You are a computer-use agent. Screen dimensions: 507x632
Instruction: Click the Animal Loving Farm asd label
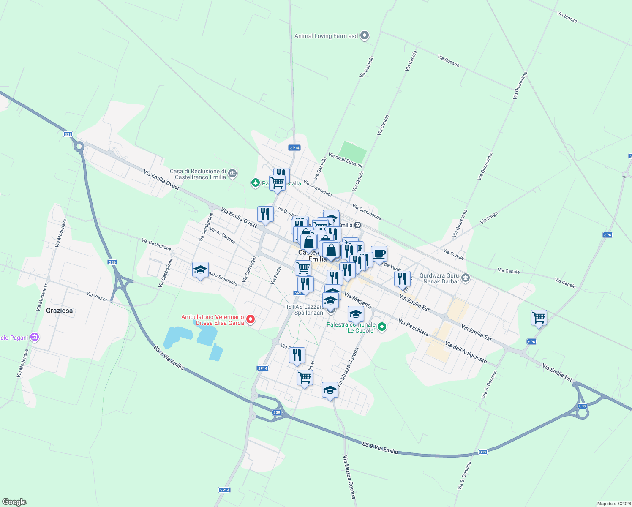[x=326, y=36]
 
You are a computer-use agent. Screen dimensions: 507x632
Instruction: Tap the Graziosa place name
[x=59, y=311]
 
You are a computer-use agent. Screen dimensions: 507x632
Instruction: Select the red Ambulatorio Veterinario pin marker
[x=251, y=319]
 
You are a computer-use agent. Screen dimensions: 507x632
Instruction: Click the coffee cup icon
[x=379, y=254]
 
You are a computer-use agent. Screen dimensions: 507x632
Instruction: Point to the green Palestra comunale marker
[x=382, y=327]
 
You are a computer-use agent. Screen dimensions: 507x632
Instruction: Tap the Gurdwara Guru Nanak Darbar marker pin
[x=466, y=278]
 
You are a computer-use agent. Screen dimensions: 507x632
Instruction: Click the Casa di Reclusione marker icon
[x=232, y=173]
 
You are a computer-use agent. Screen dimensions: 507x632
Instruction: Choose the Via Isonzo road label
[x=567, y=17]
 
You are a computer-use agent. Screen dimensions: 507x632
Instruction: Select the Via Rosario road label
[x=449, y=61]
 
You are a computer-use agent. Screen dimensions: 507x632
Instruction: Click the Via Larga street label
[x=489, y=218]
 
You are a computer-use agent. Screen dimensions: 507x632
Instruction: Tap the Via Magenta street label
[x=358, y=300]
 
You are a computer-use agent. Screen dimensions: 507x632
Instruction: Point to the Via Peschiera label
[x=413, y=327]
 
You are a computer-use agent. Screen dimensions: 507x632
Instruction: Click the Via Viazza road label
[x=97, y=297]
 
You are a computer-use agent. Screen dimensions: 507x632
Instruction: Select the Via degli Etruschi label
[x=346, y=161]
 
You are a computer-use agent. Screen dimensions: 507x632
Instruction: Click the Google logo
[x=14, y=502]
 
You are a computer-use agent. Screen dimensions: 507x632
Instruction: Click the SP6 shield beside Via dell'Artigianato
[x=531, y=342]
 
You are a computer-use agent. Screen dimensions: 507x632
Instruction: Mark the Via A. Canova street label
[x=222, y=236]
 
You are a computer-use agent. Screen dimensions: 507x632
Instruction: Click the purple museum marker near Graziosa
[x=35, y=337]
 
